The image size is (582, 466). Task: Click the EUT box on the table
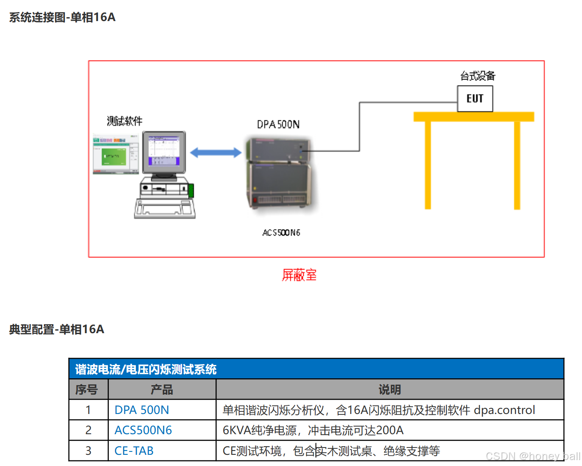coord(475,99)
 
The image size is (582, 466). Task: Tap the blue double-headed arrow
coord(216,152)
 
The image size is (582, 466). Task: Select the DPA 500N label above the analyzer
coord(278,125)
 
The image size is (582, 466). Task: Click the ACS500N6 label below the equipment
coord(281,233)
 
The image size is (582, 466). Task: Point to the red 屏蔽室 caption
coord(299,275)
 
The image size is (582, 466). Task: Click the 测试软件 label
coord(124,121)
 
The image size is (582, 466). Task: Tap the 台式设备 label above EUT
coord(477,76)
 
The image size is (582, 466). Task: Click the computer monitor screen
coord(163,151)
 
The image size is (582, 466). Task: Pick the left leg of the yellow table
coord(428,165)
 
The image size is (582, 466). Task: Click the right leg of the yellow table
coord(517,165)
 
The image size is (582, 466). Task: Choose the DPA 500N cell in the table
coord(142,410)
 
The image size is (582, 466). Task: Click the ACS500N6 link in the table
coord(143,430)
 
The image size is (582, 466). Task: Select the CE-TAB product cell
coord(134,451)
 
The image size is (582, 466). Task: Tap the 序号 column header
coord(86,390)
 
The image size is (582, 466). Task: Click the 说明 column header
coord(389,390)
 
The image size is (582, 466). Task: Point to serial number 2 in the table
coord(88,430)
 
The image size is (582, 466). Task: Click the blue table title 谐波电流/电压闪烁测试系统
coord(146,369)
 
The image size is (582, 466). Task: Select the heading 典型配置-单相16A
coord(57,329)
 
